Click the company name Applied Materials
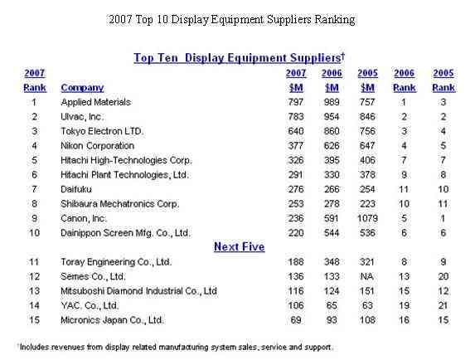(95, 102)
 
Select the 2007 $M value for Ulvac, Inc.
(296, 117)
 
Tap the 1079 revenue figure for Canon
(367, 218)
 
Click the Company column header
(82, 88)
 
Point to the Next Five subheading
(239, 246)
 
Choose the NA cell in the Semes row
(367, 276)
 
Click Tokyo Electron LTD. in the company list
(102, 131)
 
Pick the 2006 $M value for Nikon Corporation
(332, 146)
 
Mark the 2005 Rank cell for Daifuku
(443, 189)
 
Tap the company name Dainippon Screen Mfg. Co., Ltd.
(125, 233)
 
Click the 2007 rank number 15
(34, 320)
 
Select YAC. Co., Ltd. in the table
(90, 305)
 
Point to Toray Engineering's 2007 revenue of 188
(296, 262)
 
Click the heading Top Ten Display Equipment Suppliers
(240, 57)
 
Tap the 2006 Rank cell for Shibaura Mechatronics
(404, 204)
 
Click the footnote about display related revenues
(176, 347)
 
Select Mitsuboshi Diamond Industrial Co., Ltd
(138, 291)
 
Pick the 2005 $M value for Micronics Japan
(367, 320)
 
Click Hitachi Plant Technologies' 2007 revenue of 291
(296, 175)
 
